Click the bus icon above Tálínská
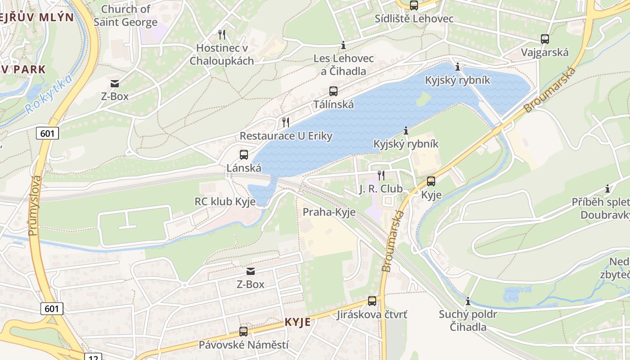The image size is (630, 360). click(x=333, y=91)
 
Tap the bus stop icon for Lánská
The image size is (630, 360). click(x=243, y=155)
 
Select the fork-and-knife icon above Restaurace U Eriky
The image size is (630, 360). click(x=285, y=122)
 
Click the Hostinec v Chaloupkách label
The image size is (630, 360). click(x=221, y=54)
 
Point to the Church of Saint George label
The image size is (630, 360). click(x=126, y=15)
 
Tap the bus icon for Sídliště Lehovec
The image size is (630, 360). click(x=414, y=5)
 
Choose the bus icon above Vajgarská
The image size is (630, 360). click(x=544, y=39)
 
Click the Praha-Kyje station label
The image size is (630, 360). click(x=329, y=212)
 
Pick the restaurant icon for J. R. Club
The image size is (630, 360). click(x=381, y=175)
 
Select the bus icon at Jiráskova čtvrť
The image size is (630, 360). click(x=372, y=301)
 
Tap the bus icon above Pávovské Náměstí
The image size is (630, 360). click(x=243, y=332)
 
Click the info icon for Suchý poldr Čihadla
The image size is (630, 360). click(x=468, y=301)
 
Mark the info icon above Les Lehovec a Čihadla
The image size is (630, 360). click(x=343, y=45)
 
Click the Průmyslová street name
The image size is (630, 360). click(x=35, y=205)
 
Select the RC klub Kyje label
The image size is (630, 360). click(x=225, y=202)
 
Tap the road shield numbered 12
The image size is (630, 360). click(x=93, y=357)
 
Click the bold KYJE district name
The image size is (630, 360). click(x=297, y=322)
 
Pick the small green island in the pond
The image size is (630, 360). click(x=423, y=99)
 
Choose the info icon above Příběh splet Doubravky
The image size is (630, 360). click(x=607, y=189)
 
